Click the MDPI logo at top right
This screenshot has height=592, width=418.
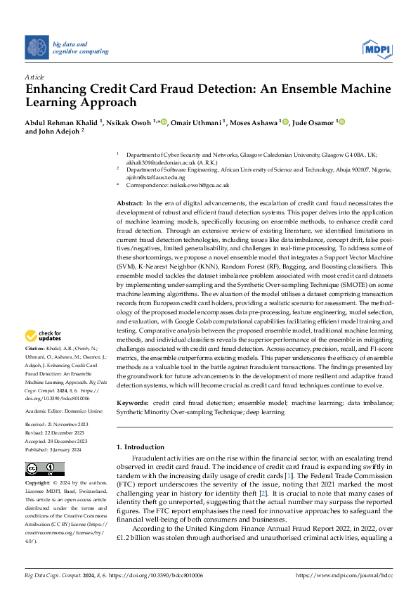377,48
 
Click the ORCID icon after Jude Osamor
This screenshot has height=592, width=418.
343,122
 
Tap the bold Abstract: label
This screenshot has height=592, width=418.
130,203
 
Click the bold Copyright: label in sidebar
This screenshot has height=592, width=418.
38,484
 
